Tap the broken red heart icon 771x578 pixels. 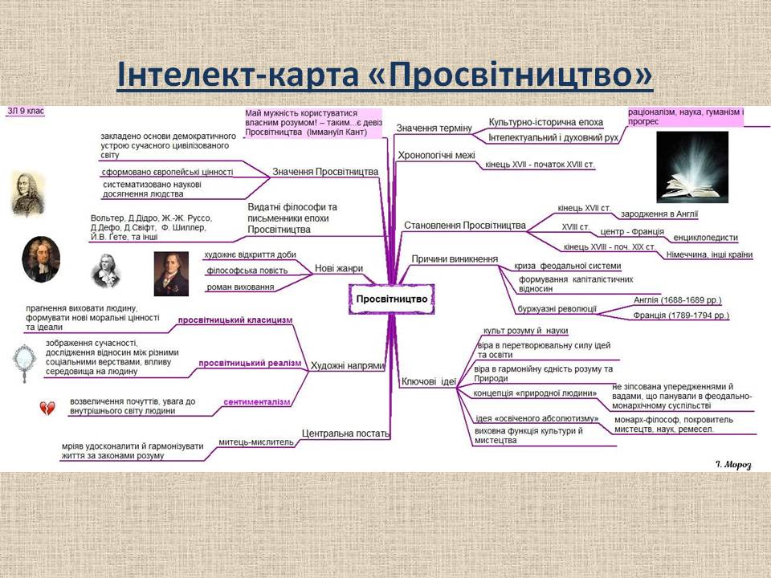click(47, 409)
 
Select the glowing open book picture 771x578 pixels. click(691, 167)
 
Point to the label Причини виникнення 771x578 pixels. click(455, 258)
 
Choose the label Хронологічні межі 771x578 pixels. click(437, 156)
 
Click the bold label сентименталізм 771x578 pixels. click(256, 401)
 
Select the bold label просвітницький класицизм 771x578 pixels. click(235, 320)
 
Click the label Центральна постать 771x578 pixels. click(345, 433)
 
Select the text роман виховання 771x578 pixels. click(240, 287)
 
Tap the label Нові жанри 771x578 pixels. click(339, 268)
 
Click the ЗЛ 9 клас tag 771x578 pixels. click(25, 111)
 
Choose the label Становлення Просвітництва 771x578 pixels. click(464, 225)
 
